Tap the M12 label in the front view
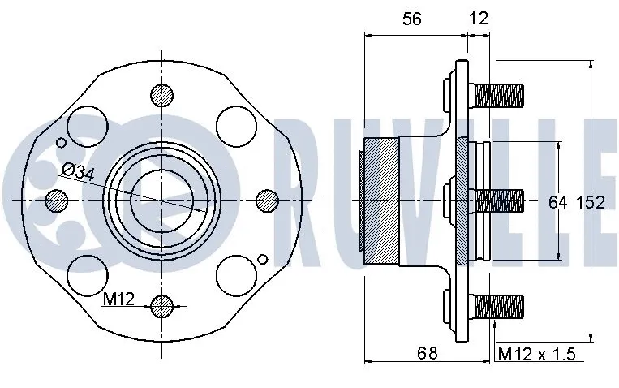coord(118,300)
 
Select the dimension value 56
coord(412,19)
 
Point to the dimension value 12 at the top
coord(479,19)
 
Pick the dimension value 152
coord(591,202)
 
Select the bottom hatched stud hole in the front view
coord(162,306)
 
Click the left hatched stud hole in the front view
coord(57,200)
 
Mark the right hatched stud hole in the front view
coord(267,200)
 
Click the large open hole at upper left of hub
coord(87,126)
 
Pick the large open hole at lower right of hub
coord(236,274)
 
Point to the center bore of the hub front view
coord(162,200)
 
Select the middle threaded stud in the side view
coord(498,200)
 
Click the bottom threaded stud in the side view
coord(498,306)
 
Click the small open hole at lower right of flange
coord(261,259)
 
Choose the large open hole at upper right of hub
coord(236,126)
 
